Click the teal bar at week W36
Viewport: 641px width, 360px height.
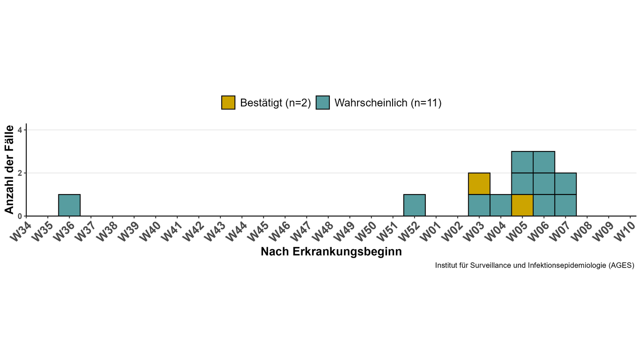pos(69,205)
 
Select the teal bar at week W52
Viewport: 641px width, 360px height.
pos(414,205)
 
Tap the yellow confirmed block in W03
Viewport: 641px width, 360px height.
pos(479,184)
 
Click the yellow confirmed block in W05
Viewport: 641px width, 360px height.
pos(522,205)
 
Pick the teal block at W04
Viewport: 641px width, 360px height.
pos(501,205)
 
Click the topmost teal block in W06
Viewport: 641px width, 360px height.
pos(544,162)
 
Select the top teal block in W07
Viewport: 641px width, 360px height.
pos(565,184)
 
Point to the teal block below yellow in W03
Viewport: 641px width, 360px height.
pos(479,205)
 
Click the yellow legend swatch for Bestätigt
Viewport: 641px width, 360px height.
pos(228,102)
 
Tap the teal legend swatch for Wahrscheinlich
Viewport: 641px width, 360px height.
pos(323,102)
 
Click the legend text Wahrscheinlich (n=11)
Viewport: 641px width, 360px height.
pos(388,103)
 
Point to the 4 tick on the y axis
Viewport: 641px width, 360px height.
pos(20,130)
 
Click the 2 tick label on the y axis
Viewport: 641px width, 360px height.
pos(20,173)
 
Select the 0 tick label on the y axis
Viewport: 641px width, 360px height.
pos(20,216)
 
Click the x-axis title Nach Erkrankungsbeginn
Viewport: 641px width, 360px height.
pos(331,252)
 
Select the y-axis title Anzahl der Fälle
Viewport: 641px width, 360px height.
pos(9,169)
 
